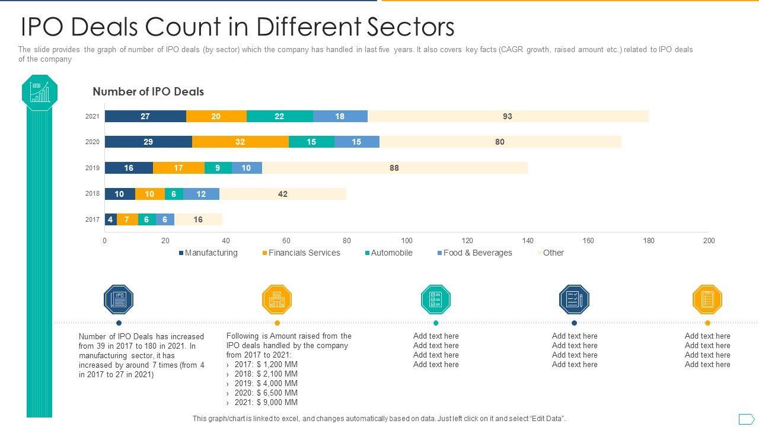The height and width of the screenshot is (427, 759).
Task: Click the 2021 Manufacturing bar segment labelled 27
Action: click(x=145, y=116)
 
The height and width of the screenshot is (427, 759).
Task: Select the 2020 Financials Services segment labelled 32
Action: click(x=240, y=142)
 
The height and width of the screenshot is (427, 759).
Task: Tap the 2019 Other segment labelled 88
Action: click(x=394, y=168)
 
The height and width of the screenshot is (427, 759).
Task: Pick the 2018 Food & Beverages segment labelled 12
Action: click(x=201, y=194)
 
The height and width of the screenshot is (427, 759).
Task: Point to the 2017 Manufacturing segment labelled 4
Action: click(x=110, y=219)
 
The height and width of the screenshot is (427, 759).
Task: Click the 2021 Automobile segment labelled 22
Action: click(x=279, y=116)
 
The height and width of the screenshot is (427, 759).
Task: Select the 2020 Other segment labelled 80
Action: click(x=500, y=142)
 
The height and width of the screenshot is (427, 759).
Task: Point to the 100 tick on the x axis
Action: click(x=407, y=241)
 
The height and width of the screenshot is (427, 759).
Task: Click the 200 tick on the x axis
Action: click(x=709, y=241)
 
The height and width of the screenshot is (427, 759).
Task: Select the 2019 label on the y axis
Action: click(x=93, y=168)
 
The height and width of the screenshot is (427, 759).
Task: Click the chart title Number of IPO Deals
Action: click(x=148, y=92)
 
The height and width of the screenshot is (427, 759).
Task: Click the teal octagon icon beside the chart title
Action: click(x=40, y=93)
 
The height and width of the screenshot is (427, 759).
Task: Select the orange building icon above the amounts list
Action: click(x=277, y=299)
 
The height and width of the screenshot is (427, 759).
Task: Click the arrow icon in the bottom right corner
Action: click(x=746, y=419)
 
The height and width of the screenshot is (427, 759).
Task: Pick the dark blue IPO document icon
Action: click(x=119, y=299)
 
